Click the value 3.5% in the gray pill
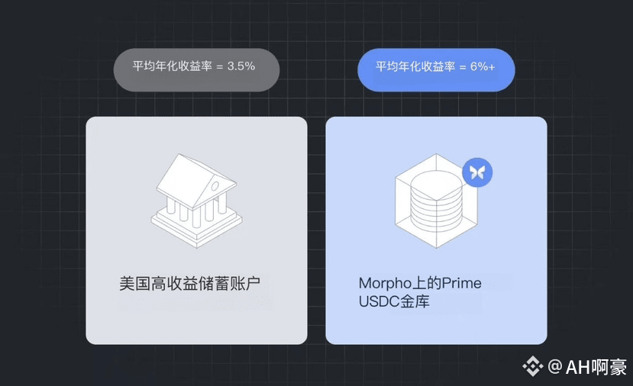coord(241,66)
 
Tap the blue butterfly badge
coord(477,172)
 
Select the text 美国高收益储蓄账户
coord(195,284)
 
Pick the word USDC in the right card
coord(378,302)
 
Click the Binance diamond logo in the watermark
coord(532,366)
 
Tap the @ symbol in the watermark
coord(555,367)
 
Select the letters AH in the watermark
coord(578,367)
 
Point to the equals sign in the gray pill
coord(220,66)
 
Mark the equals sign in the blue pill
coord(462,66)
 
